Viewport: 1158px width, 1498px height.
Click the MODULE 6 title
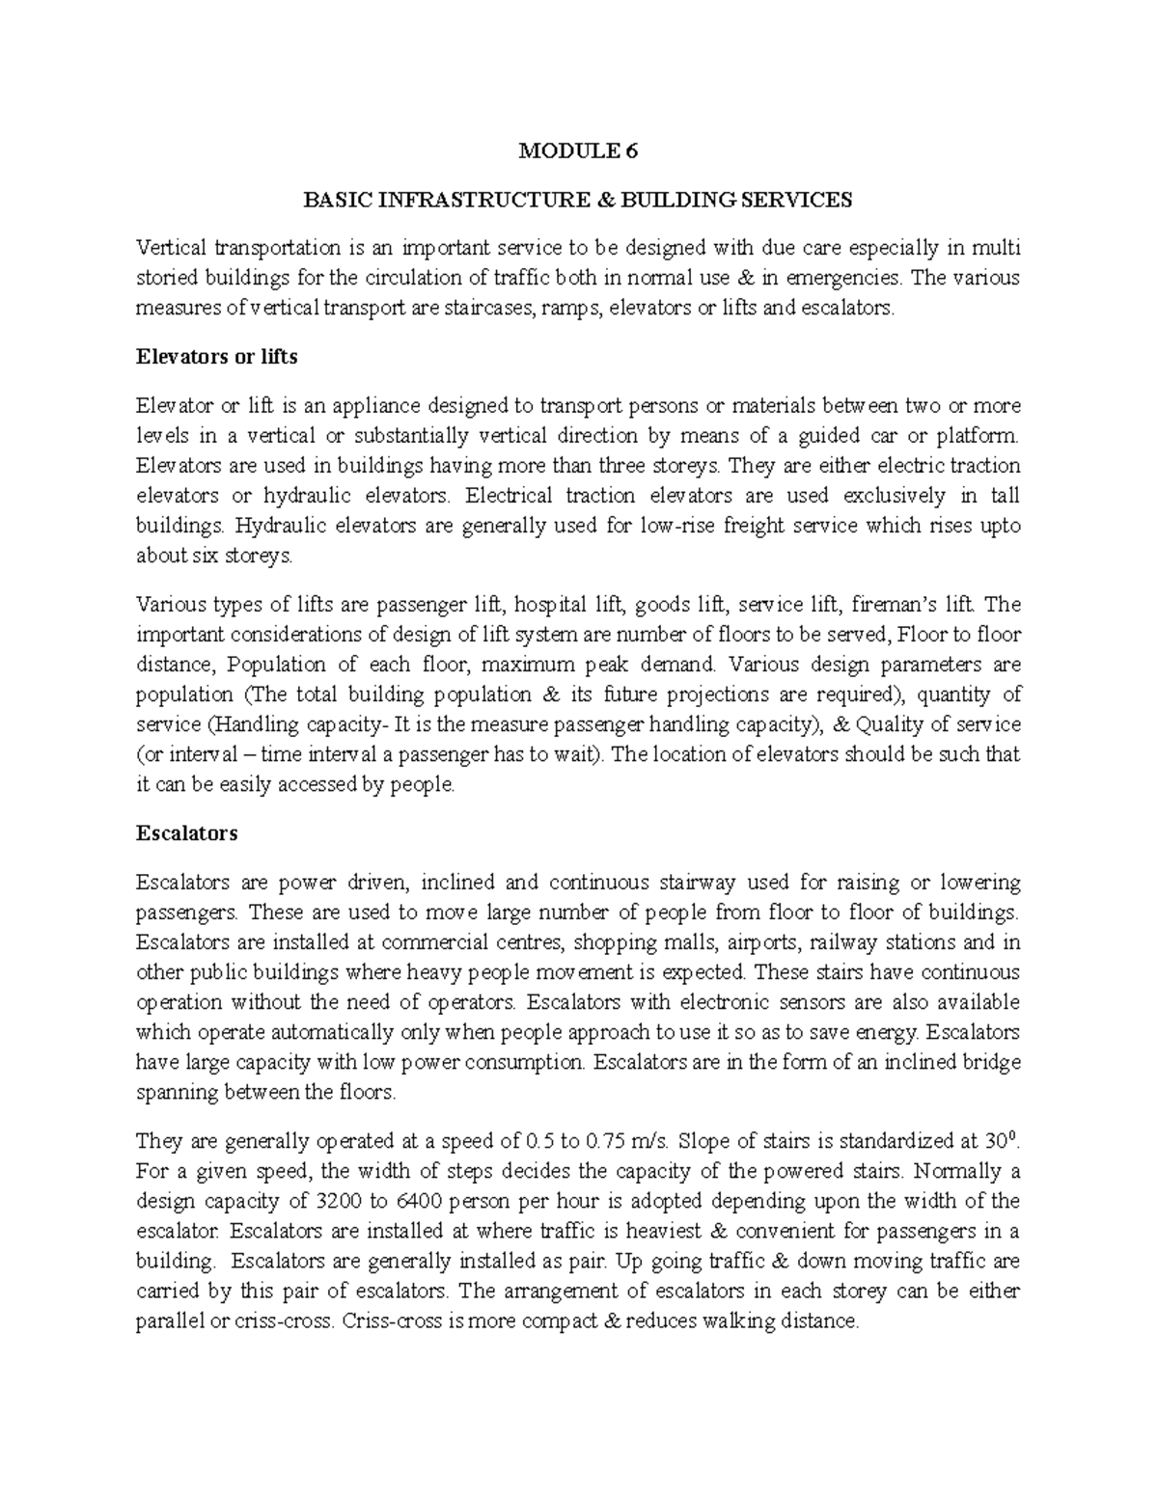pyautogui.click(x=578, y=150)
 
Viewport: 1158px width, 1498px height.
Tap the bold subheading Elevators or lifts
pyautogui.click(x=217, y=357)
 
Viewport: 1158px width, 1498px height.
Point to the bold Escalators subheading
pyautogui.click(x=187, y=832)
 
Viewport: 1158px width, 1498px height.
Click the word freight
pyautogui.click(x=737, y=526)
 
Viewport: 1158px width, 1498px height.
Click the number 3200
pyautogui.click(x=341, y=1202)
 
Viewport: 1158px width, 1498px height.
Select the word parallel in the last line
pyautogui.click(x=170, y=1321)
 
